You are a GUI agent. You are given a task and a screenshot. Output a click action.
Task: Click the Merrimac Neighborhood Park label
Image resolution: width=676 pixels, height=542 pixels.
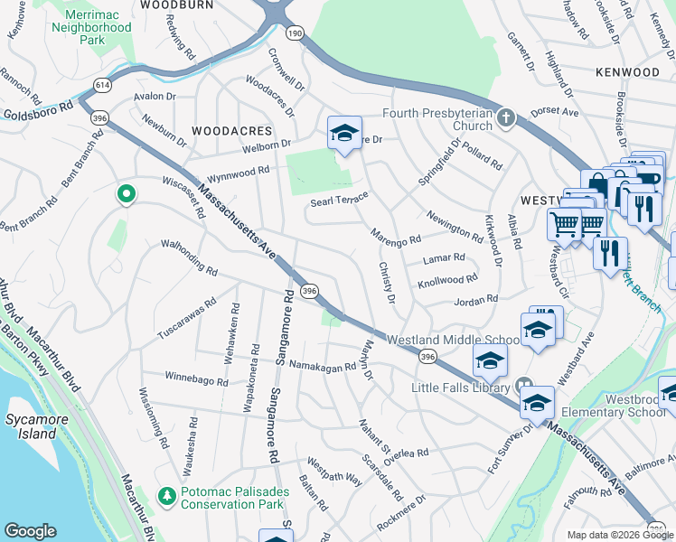coord(91,28)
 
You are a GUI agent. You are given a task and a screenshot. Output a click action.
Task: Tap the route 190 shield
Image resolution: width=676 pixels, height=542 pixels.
coord(294,33)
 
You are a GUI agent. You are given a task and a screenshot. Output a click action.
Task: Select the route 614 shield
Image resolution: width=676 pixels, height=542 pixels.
coord(97,85)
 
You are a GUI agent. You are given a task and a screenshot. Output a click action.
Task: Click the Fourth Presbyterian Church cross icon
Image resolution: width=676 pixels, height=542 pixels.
coord(507,117)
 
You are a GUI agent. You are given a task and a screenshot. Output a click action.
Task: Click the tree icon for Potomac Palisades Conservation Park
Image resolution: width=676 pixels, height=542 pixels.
coord(166,495)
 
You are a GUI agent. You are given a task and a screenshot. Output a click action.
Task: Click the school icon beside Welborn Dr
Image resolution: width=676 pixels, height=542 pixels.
coord(343,134)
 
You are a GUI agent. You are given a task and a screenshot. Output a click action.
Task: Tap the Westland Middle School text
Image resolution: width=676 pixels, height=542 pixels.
coord(453,340)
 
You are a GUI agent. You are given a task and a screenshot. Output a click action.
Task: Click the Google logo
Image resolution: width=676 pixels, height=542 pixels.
coord(30,531)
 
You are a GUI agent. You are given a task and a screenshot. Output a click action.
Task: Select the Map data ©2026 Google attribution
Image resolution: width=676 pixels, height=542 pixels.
coord(619,535)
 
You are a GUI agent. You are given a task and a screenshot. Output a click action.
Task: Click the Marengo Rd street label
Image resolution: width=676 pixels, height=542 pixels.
coord(397,236)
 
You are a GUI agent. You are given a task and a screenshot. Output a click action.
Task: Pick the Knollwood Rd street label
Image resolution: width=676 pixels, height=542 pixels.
coord(448,282)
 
